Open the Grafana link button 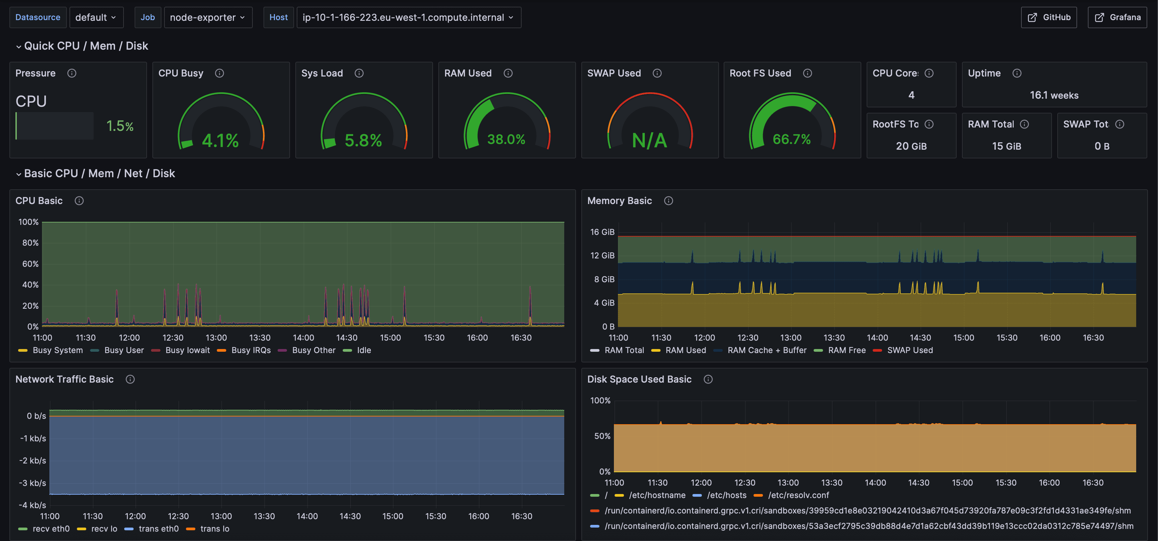point(1117,17)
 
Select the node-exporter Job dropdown point(208,17)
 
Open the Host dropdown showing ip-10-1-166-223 point(408,17)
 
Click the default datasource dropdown point(96,17)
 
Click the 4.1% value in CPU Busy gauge point(220,141)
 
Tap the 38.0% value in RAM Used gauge point(506,139)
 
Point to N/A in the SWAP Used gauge point(649,141)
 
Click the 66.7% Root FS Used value point(791,139)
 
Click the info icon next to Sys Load point(359,73)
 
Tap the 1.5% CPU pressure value point(119,126)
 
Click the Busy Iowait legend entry point(187,350)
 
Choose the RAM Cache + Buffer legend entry point(766,350)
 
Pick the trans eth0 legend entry point(158,529)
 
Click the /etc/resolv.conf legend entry point(798,495)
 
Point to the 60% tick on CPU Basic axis point(30,264)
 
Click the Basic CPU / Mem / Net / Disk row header point(99,174)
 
